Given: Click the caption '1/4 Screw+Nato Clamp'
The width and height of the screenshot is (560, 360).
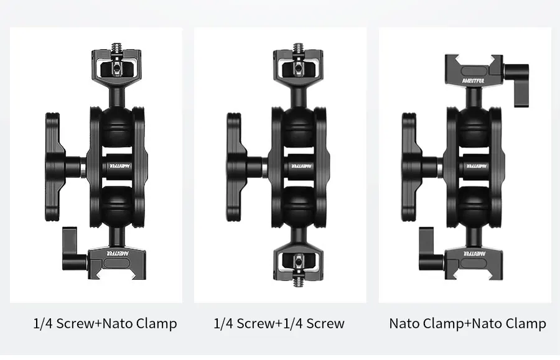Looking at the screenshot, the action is click(105, 323).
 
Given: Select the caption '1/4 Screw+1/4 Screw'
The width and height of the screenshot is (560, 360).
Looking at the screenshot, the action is click(279, 323).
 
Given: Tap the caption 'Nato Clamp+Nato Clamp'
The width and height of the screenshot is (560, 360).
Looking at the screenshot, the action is click(467, 323).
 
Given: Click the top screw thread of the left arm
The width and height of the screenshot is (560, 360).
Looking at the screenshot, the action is click(116, 47).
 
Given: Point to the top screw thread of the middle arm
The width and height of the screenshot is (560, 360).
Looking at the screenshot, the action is click(298, 47).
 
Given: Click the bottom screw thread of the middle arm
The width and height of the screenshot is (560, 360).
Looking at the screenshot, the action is click(298, 282).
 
